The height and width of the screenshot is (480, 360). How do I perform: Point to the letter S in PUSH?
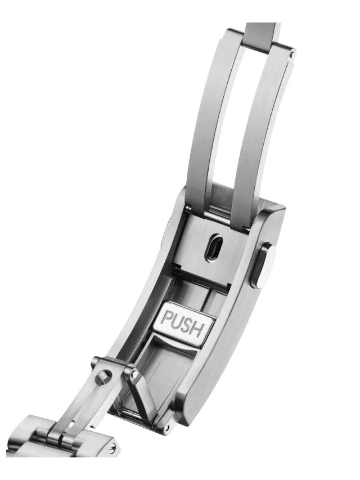[x=187, y=326]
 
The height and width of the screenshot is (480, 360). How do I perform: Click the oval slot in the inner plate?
[x=213, y=248]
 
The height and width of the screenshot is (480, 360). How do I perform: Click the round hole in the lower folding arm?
[x=103, y=378]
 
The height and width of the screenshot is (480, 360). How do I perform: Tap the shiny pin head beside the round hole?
[x=134, y=374]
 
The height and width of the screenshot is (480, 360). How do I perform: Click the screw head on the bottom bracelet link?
[x=113, y=447]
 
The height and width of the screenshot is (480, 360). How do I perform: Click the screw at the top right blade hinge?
[x=292, y=55]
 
